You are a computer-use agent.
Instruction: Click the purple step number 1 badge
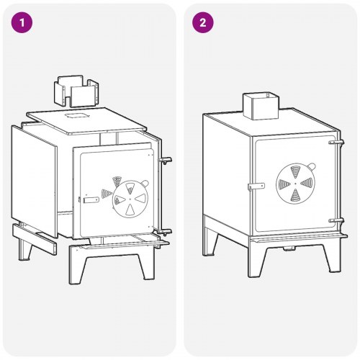click(22, 22)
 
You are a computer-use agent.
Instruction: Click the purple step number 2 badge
click(203, 22)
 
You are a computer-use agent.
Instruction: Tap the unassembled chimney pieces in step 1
click(76, 91)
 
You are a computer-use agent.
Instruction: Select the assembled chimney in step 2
click(261, 106)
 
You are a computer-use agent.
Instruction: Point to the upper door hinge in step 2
click(336, 143)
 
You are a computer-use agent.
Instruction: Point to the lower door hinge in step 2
click(336, 220)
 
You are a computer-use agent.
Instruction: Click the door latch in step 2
click(256, 186)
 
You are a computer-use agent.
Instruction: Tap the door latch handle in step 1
click(91, 199)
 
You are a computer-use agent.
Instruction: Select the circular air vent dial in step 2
click(295, 184)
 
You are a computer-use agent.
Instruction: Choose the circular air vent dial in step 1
click(130, 199)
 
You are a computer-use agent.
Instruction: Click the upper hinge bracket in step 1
click(165, 161)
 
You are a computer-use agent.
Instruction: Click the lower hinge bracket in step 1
click(164, 232)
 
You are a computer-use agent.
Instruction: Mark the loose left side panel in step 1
click(34, 181)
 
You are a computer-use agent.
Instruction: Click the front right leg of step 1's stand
click(145, 265)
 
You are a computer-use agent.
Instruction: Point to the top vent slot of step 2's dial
click(295, 172)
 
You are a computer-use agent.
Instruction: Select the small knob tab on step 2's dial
click(311, 166)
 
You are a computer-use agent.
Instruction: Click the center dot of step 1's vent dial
click(130, 199)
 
